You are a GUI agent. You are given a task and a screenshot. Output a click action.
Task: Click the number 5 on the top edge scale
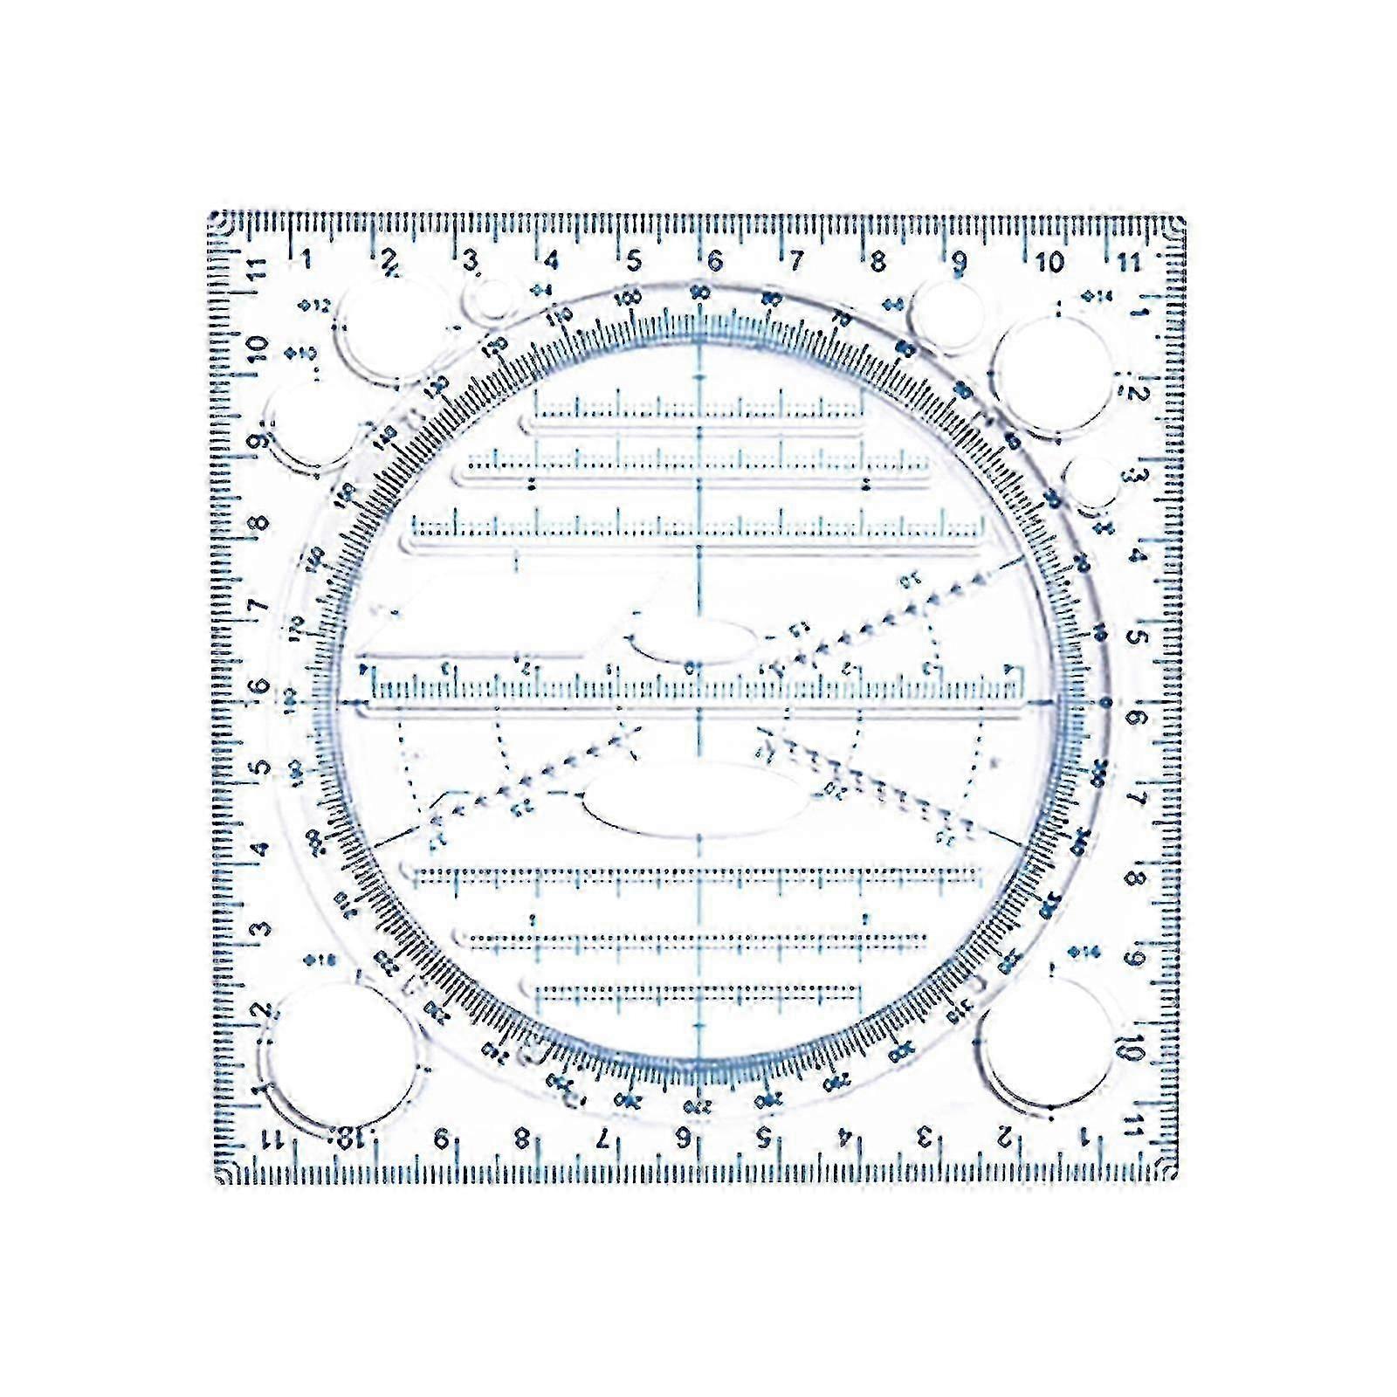pos(634,260)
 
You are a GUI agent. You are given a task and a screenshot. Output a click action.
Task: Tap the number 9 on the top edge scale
pos(959,260)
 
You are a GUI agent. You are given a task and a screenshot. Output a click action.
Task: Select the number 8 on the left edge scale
pos(259,525)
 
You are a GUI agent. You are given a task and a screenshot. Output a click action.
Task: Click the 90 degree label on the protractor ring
pos(698,293)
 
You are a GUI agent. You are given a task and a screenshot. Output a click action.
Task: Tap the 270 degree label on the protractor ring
pos(698,1106)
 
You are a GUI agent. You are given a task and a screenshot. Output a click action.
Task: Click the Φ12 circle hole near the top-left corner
pos(387,330)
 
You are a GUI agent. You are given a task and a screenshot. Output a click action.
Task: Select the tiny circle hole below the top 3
pos(490,299)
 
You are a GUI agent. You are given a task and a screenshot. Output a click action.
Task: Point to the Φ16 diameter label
pos(320,960)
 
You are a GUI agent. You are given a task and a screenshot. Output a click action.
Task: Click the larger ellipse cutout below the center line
pos(697,802)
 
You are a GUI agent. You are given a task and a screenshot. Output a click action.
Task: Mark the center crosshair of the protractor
pos(698,701)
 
